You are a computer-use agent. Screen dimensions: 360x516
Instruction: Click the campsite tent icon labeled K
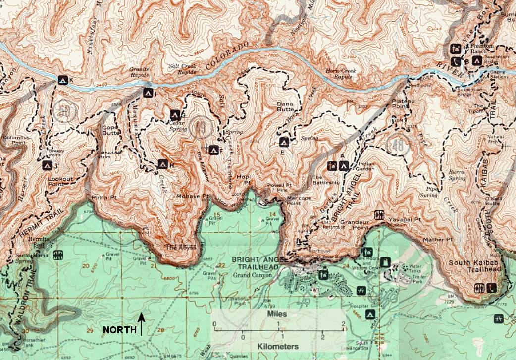pyautogui.click(x=63, y=79)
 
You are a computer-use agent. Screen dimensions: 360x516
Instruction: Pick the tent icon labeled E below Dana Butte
pyautogui.click(x=283, y=143)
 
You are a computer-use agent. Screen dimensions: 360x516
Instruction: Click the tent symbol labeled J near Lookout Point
pyautogui.click(x=47, y=165)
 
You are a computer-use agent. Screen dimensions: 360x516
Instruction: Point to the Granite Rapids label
pyautogui.click(x=139, y=73)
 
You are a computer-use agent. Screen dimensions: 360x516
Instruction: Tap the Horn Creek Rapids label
pyautogui.click(x=342, y=74)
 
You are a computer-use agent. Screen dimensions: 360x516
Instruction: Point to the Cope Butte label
pyautogui.click(x=111, y=130)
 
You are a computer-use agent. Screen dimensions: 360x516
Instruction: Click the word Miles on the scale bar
pyautogui.click(x=276, y=314)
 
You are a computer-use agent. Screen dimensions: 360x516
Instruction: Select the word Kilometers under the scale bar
pyautogui.click(x=277, y=346)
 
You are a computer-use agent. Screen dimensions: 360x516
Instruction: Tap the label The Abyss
pyautogui.click(x=177, y=247)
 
